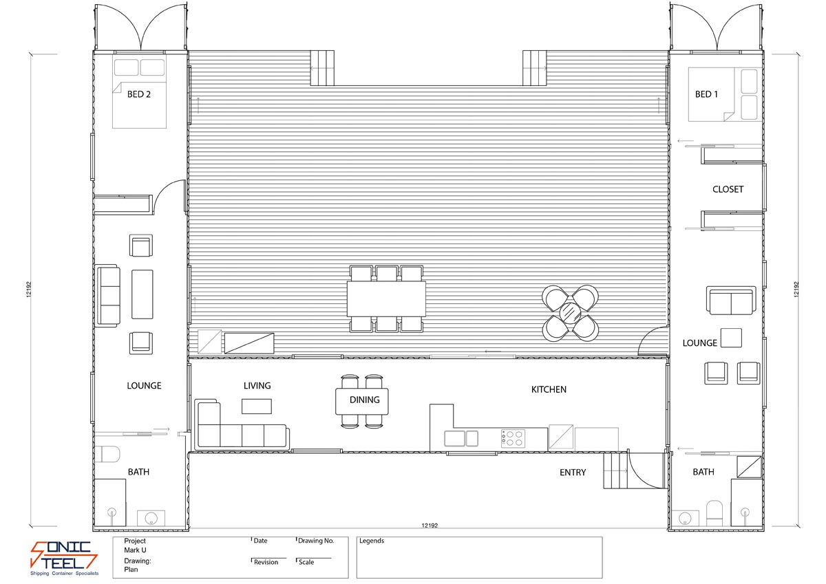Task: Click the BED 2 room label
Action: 138,94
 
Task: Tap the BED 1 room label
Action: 706,94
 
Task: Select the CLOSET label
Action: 728,189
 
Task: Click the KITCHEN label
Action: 549,389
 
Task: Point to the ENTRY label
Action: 573,473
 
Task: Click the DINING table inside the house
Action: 362,401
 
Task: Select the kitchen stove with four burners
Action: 513,438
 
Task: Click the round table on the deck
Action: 571,313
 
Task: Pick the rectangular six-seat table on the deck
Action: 386,299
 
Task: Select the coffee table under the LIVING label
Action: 256,407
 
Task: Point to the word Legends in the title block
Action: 372,541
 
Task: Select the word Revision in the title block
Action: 266,562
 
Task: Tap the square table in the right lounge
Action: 731,338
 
